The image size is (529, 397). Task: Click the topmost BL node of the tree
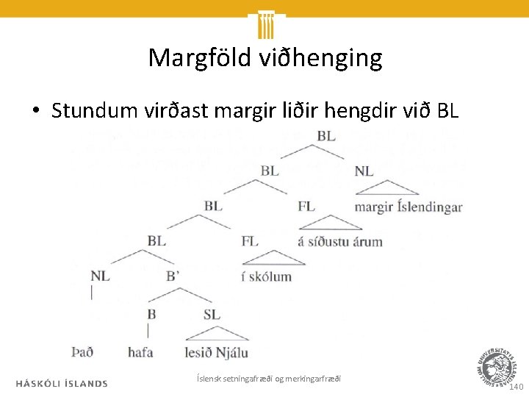(x=326, y=136)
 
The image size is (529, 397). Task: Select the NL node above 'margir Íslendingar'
(x=364, y=171)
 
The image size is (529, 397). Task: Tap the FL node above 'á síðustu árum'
(x=306, y=206)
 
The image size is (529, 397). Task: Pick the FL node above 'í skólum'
(x=250, y=240)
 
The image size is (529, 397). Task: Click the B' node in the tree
(x=173, y=276)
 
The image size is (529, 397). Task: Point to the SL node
(x=212, y=314)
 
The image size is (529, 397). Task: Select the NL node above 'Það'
(x=100, y=276)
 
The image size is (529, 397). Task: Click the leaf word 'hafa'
(x=140, y=352)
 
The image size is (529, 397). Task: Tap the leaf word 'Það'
(x=83, y=352)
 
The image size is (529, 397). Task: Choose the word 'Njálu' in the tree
(x=232, y=352)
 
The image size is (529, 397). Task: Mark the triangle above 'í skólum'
(x=273, y=258)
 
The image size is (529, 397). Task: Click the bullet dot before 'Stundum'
(x=35, y=111)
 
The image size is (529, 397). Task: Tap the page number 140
(x=517, y=386)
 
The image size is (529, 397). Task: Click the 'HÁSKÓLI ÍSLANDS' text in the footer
(x=62, y=383)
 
